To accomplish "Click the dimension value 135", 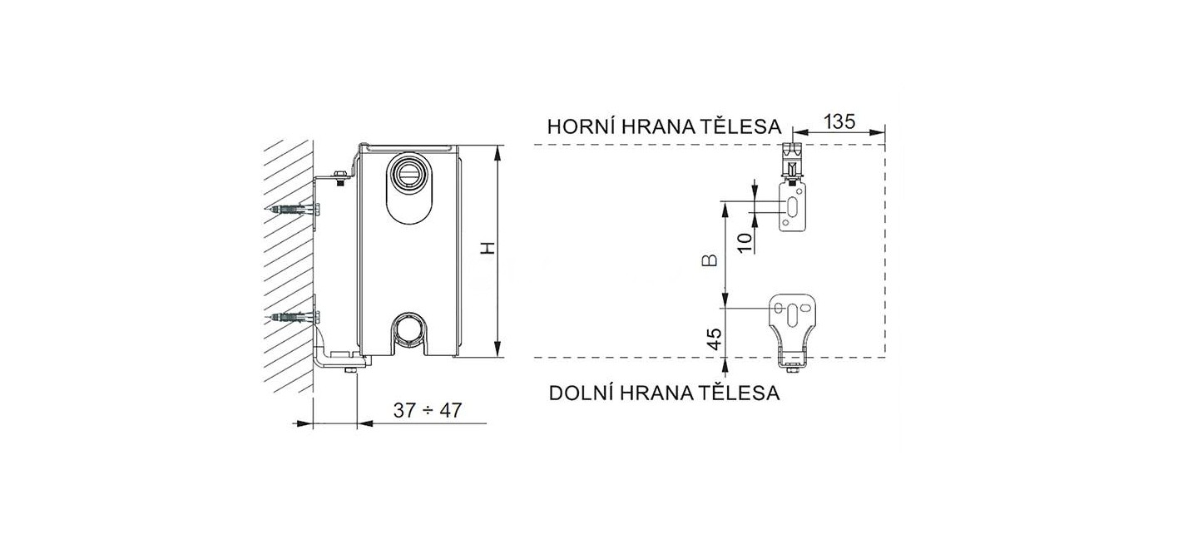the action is (x=839, y=121).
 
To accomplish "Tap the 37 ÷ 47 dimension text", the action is (x=427, y=410).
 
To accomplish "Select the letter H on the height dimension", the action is (x=489, y=248).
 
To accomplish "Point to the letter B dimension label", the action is (x=710, y=260).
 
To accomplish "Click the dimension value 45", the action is (x=714, y=339).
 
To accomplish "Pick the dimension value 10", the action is (x=745, y=243).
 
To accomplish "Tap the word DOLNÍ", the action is (x=581, y=393).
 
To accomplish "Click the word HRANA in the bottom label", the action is (x=655, y=393).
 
